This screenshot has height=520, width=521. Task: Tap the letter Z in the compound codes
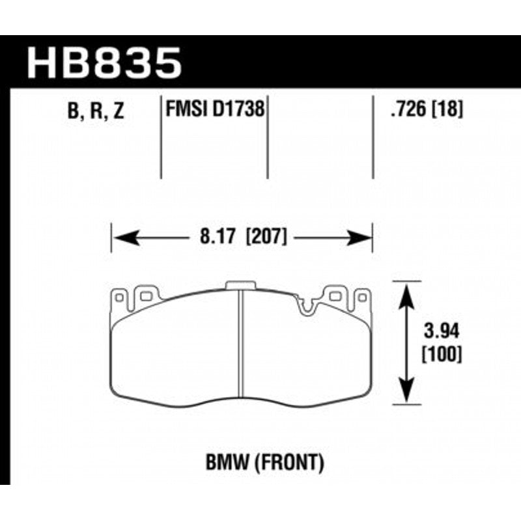point(117,111)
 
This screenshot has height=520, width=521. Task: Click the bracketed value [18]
point(449,109)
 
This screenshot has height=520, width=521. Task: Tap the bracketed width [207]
point(266,237)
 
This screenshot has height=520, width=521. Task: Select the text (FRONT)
point(289,463)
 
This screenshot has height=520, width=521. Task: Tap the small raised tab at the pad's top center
point(242,285)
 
